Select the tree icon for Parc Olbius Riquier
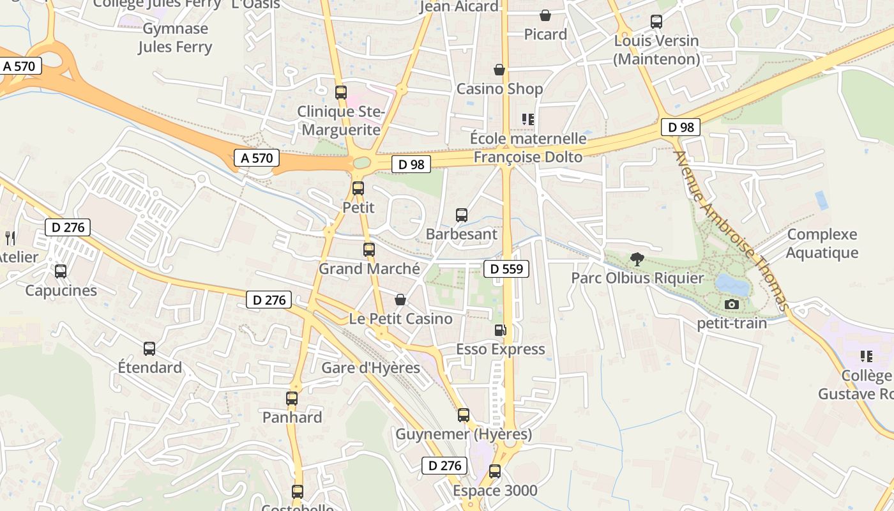[x=637, y=259]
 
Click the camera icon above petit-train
[x=732, y=304]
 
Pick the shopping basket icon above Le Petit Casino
[x=400, y=300]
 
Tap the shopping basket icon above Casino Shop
[x=499, y=70]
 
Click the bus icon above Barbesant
[x=462, y=215]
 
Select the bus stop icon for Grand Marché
[x=369, y=250]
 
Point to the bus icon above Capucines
[x=61, y=271]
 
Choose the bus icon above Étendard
[x=149, y=349]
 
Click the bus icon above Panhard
[x=292, y=399]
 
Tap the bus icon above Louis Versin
[x=656, y=22]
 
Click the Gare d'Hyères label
[x=370, y=368]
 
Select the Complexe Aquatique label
[x=822, y=243]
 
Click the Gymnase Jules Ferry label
[x=175, y=38]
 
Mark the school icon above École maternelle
[x=528, y=119]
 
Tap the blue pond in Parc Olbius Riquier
[x=732, y=284]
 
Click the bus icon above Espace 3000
[x=495, y=472]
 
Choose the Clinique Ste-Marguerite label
[x=342, y=121]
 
